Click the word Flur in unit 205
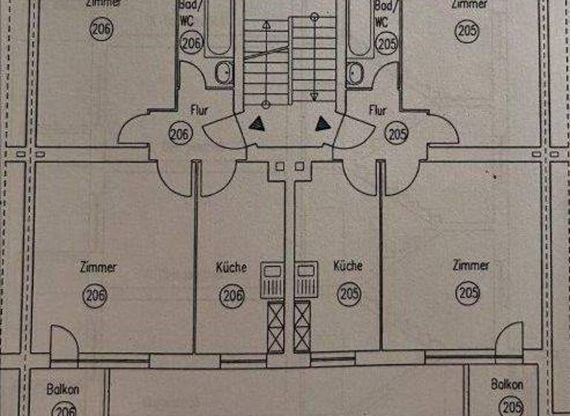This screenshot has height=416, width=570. click(378, 111)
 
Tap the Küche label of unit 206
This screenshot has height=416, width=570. click(231, 267)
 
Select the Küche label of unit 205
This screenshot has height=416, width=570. click(348, 265)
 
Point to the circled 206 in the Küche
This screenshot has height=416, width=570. click(232, 295)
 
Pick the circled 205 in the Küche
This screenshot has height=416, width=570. click(349, 293)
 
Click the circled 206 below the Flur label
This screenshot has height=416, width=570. click(179, 135)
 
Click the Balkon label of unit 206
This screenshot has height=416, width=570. click(63, 389)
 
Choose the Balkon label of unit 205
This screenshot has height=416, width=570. click(507, 384)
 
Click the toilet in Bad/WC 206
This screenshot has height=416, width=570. click(221, 73)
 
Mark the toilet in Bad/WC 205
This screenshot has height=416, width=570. click(356, 73)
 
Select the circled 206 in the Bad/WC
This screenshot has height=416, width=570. click(191, 43)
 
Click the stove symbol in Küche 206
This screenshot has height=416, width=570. click(272, 280)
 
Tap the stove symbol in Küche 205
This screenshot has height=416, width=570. click(305, 280)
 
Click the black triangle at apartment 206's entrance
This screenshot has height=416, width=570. click(257, 124)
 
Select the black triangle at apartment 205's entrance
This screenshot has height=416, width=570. click(324, 123)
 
